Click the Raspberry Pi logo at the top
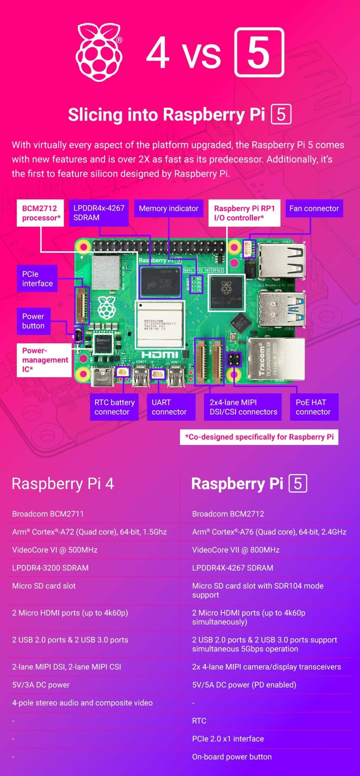[99, 53]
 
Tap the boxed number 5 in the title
[259, 52]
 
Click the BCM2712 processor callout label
[40, 213]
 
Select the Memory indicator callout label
[168, 209]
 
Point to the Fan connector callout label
[314, 209]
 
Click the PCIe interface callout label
[37, 279]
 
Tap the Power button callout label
[33, 321]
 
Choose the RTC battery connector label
[114, 407]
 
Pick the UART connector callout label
[171, 407]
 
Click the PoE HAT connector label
[314, 407]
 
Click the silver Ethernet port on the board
[276, 359]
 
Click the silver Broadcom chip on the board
[160, 324]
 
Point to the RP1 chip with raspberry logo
[226, 293]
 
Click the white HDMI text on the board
[160, 354]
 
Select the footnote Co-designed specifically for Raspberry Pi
[259, 437]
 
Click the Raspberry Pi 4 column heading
[63, 483]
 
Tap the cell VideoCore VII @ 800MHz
[236, 550]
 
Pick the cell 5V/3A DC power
[41, 685]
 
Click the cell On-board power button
[232, 757]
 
